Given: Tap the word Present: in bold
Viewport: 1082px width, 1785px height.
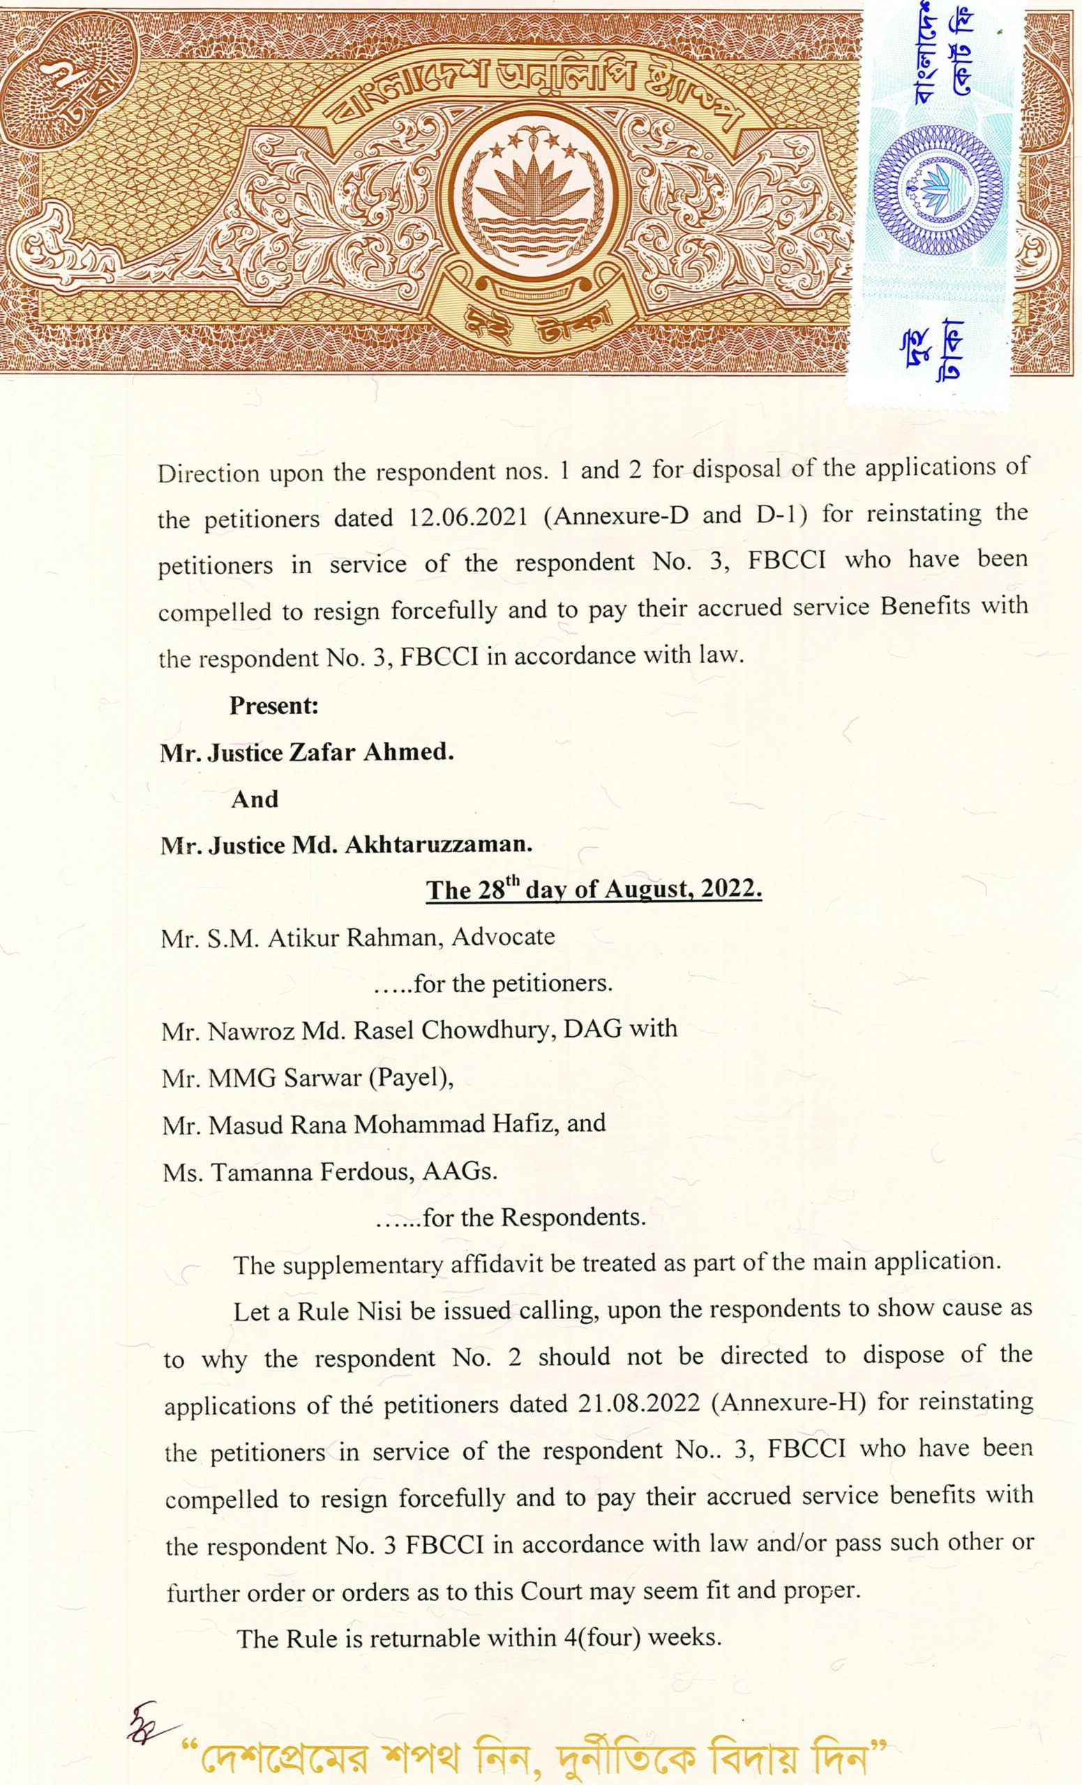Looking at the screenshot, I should coord(275,706).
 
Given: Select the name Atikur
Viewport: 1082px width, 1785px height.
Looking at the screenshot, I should coord(303,937).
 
